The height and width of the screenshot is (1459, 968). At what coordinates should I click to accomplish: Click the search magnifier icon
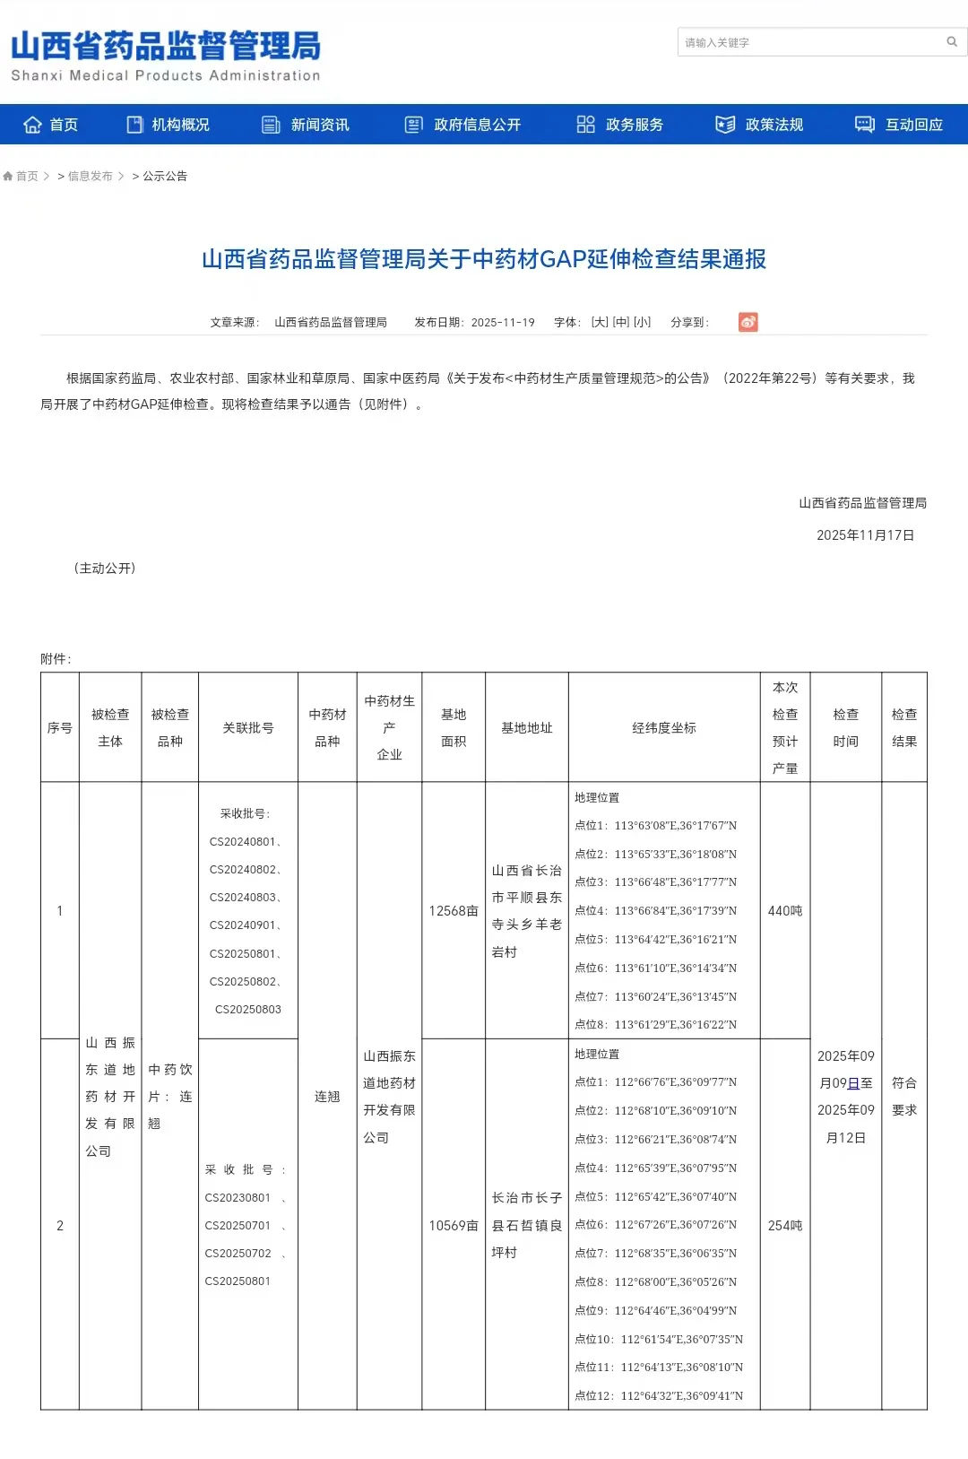951,41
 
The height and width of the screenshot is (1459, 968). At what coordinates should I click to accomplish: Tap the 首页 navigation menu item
51,125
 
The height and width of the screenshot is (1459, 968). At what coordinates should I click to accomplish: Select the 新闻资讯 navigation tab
306,125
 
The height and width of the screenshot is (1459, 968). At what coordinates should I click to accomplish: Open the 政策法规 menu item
759,125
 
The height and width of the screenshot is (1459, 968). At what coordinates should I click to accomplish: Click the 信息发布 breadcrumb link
90,176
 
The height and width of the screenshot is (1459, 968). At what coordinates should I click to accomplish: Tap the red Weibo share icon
748,322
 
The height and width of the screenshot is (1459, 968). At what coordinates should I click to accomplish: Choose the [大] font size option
600,322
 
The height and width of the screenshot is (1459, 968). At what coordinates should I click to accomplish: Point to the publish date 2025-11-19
502,322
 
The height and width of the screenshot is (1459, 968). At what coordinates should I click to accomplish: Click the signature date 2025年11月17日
865,535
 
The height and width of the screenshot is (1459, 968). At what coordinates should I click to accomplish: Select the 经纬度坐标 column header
663,728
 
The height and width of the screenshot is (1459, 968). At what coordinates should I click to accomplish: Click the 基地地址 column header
526,728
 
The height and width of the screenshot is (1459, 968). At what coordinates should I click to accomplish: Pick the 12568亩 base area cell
453,911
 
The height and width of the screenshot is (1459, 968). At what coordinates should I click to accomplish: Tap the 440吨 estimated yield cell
784,911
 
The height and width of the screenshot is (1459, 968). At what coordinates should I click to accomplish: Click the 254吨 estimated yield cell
784,1226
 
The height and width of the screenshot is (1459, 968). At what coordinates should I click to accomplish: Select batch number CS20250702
238,1254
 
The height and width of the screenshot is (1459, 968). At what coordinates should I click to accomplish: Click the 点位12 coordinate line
658,1395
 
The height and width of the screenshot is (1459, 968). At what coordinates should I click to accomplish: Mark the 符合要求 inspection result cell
903,1096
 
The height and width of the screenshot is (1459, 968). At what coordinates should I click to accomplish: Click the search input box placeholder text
717,42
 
